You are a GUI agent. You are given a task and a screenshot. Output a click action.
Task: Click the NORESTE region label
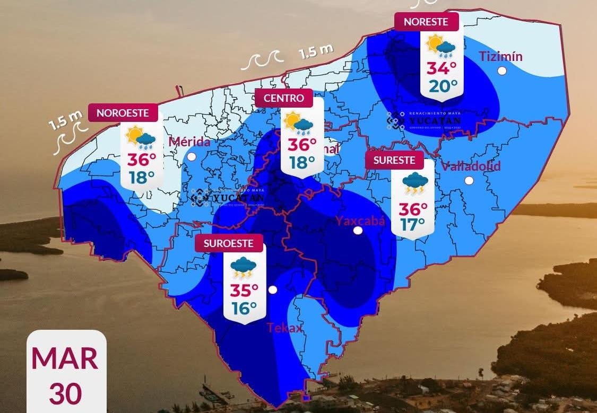[x=426, y=22]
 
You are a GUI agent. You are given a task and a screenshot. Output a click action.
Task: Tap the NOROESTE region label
[x=126, y=112]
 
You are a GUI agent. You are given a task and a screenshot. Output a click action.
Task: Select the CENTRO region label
[x=284, y=98]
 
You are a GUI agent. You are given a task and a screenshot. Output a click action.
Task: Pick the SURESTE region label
[x=394, y=160]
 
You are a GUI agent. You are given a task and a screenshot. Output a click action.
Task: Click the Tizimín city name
[x=500, y=57]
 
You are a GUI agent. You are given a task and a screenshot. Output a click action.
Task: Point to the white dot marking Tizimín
[x=502, y=71]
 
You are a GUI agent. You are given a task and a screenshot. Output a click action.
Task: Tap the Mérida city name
[x=189, y=142]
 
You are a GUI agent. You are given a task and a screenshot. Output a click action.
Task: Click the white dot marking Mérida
[x=192, y=156]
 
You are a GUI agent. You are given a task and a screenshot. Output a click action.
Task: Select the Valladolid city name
[x=471, y=166]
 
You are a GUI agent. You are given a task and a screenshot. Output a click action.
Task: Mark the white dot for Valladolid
[x=469, y=180]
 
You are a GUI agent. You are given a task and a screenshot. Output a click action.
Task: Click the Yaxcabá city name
[x=360, y=221]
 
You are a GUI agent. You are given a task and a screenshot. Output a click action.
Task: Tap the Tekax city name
[x=284, y=328]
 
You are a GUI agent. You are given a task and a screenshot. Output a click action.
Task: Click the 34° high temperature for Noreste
[x=442, y=68]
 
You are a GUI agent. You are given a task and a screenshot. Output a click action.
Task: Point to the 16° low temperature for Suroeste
[x=244, y=307]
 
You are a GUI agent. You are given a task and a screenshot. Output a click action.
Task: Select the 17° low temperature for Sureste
[x=413, y=224]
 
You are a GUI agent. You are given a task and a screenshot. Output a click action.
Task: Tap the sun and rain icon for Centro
[x=298, y=122]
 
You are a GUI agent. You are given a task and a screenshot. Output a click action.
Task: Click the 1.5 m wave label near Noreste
[x=316, y=51]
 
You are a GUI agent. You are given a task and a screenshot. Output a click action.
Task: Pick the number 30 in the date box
[x=66, y=394]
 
